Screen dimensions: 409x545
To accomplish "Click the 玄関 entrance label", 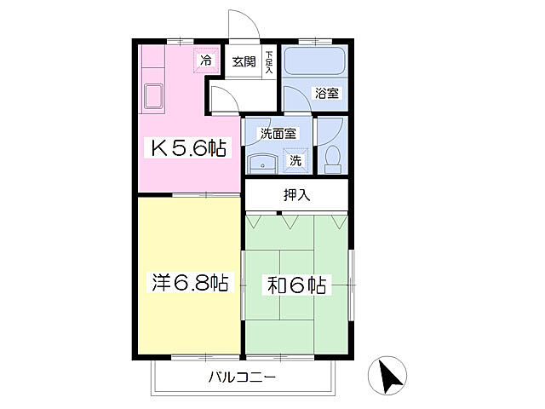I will [x=244, y=61].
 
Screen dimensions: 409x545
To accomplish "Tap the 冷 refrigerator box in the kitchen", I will [x=205, y=60].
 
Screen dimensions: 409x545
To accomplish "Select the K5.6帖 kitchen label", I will [x=188, y=148].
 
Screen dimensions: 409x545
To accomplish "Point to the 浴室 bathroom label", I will [x=327, y=93].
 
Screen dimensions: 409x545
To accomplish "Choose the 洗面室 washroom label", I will [x=278, y=133].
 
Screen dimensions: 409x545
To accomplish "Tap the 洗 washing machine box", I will [x=295, y=158].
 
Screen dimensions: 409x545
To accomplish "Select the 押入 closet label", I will [x=296, y=194].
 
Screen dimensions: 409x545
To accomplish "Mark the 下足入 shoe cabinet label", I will [x=269, y=62].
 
